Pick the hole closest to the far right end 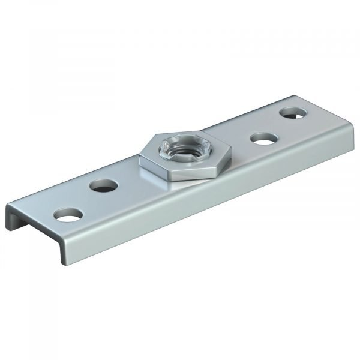tap(292, 112)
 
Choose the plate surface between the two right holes tap(277, 126)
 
